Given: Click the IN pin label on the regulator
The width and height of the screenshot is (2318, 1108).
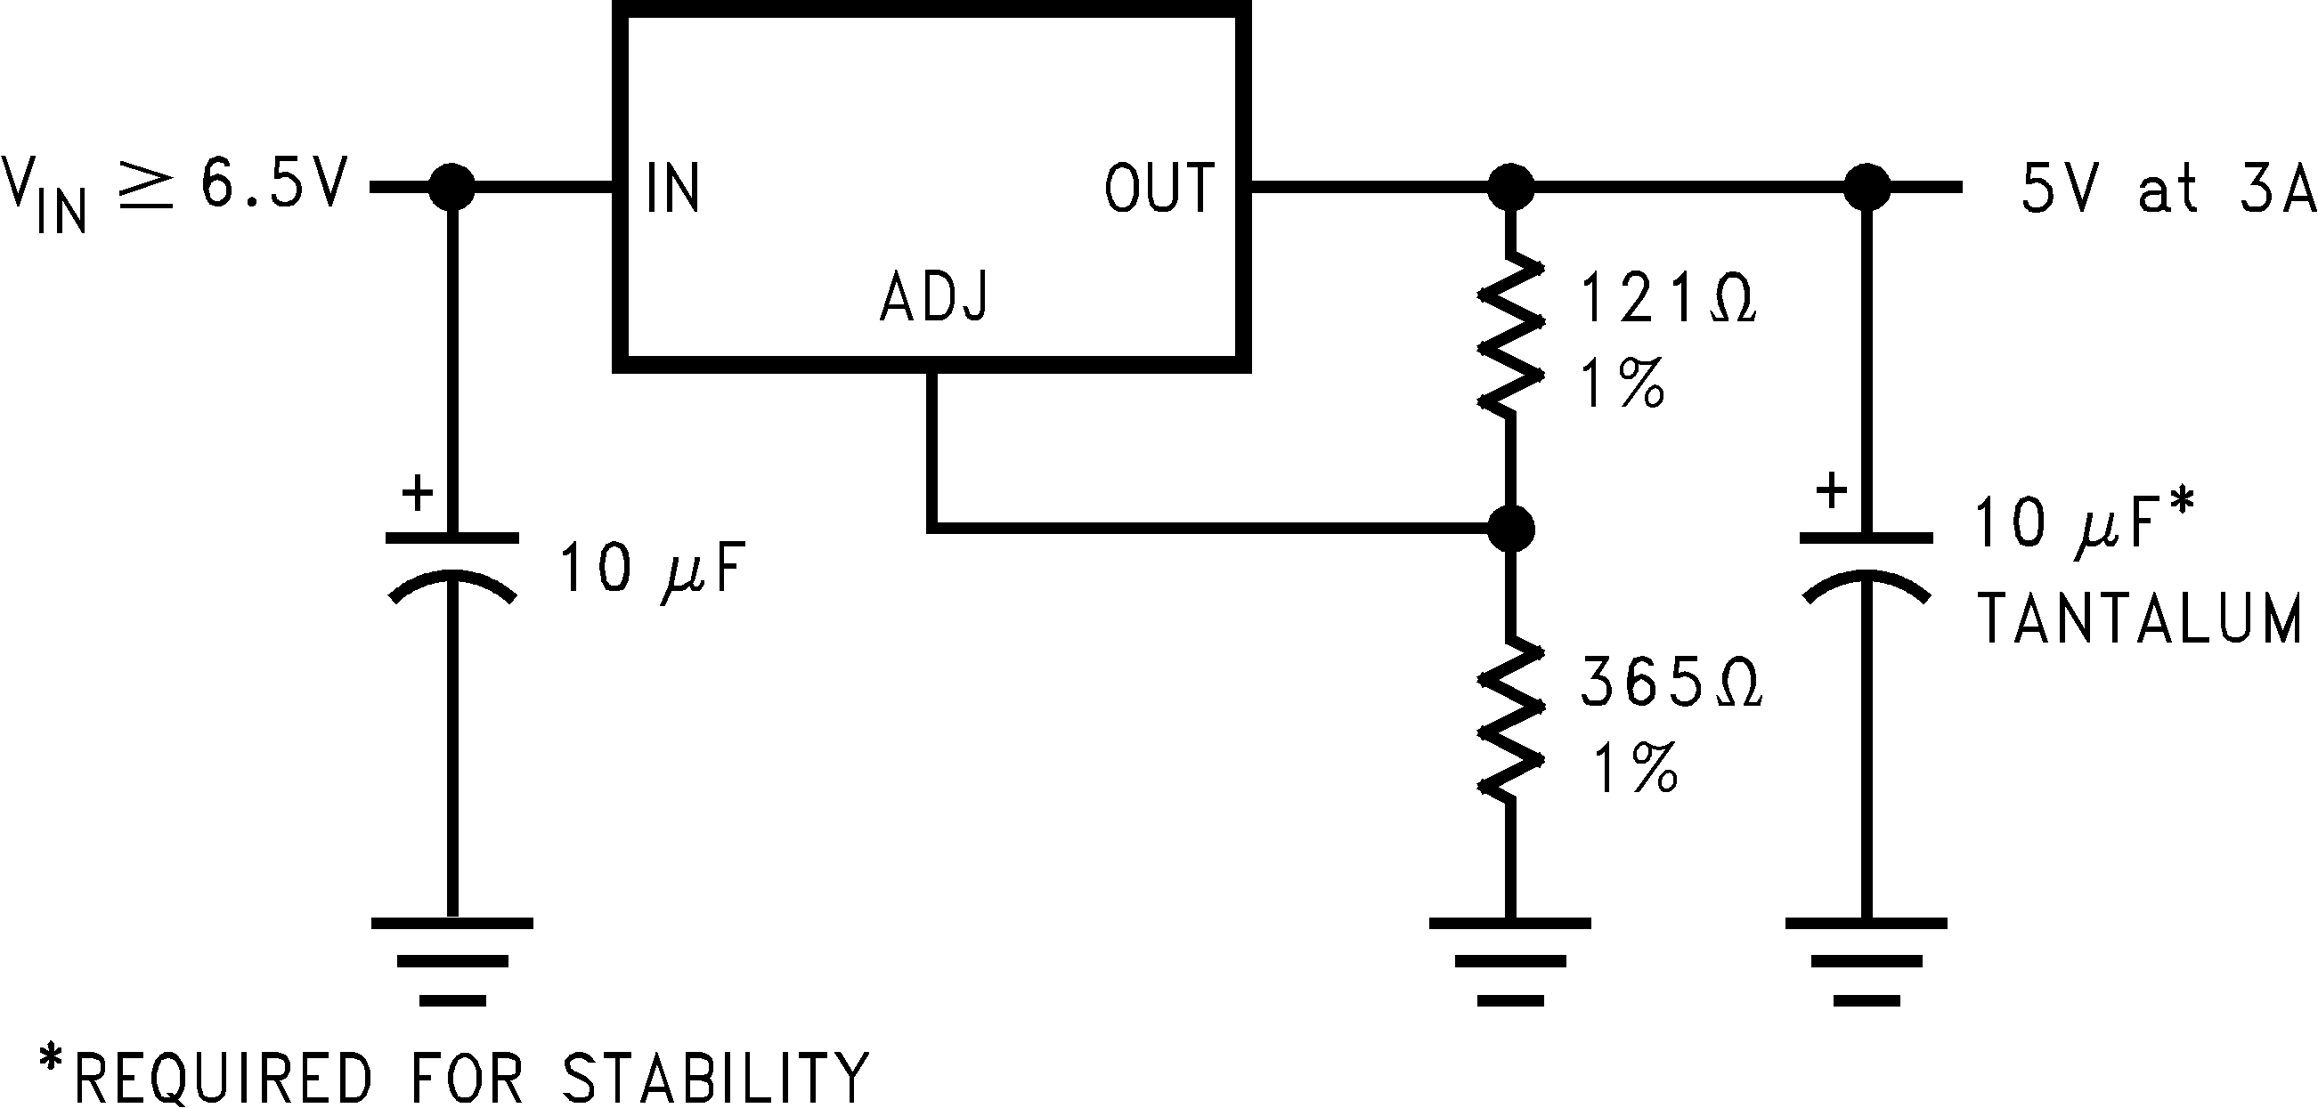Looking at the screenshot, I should point(673,188).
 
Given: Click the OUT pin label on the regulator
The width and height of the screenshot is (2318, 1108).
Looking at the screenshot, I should point(1159,188).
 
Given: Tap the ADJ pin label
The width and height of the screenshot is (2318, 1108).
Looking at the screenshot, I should point(934,296).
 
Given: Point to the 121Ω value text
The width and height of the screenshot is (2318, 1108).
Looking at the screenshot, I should point(1667,300).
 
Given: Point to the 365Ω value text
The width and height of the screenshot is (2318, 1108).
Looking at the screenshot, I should point(1671,683).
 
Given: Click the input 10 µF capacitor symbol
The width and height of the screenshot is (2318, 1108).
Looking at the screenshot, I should point(451,567).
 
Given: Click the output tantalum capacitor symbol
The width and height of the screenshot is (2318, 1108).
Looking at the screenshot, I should point(1866,567).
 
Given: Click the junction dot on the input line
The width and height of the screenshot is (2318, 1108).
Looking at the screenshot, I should point(451,187).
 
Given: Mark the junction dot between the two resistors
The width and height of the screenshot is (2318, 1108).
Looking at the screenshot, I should point(1511,528).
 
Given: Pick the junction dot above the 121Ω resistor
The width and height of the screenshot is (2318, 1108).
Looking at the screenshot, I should point(1511,187).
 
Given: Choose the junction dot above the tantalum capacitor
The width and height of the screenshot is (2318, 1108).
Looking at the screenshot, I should point(1867,187).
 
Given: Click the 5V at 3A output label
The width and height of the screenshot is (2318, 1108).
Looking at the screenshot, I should point(2167,189).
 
